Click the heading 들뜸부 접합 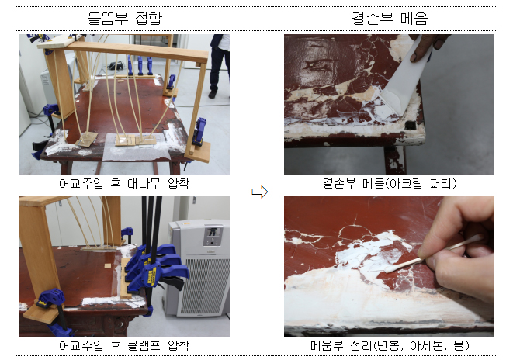124,16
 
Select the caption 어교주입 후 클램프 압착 124,345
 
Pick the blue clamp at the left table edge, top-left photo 52,120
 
